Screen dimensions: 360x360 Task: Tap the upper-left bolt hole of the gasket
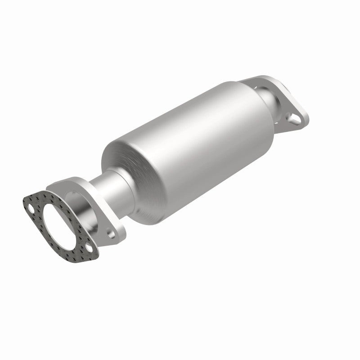click(x=31, y=208)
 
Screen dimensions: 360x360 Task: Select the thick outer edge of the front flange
click(x=119, y=234)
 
